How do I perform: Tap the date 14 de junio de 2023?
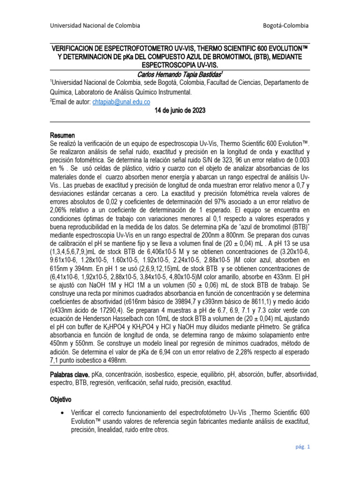[180, 111]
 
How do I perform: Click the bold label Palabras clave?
[69, 375]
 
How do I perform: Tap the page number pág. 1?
[302, 447]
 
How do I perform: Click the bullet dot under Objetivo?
[63, 412]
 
